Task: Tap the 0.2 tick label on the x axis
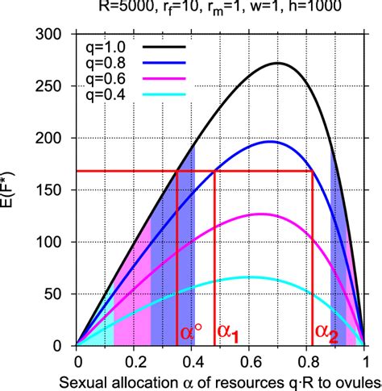135,361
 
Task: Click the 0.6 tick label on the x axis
250,361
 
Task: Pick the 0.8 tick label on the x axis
308,361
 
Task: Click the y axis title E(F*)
15,190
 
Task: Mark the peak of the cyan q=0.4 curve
249,277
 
